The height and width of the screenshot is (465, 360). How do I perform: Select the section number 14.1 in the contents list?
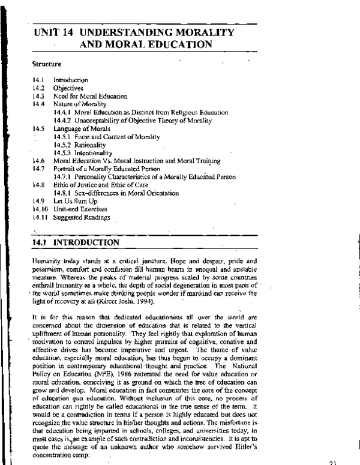[38, 80]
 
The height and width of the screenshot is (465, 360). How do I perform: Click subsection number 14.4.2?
[62, 121]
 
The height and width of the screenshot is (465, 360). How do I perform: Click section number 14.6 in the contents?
[38, 161]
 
